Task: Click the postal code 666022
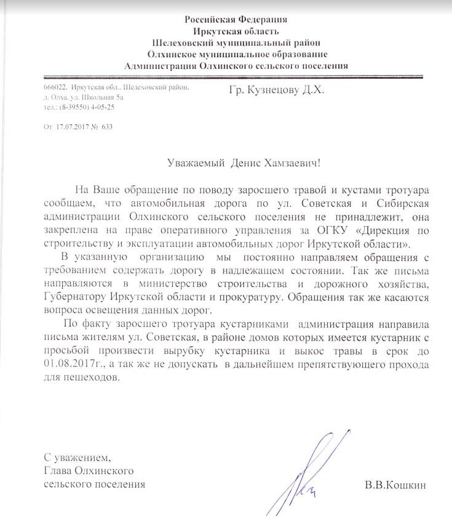(x=55, y=89)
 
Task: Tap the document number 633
(x=107, y=127)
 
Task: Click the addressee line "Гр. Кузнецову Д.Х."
(x=273, y=91)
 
